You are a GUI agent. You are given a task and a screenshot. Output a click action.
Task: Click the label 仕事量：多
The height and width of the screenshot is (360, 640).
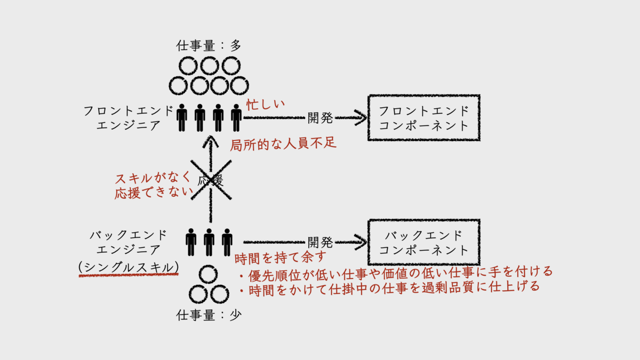[x=209, y=46]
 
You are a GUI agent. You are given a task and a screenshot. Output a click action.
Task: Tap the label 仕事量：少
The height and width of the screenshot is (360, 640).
[x=209, y=315]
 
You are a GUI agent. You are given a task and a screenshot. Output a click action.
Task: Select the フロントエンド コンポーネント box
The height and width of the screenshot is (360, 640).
[x=423, y=118]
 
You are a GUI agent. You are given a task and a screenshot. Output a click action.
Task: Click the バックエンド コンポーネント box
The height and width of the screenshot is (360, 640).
[x=423, y=243]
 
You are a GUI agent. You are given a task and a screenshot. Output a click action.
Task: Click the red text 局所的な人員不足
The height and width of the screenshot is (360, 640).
[x=283, y=145]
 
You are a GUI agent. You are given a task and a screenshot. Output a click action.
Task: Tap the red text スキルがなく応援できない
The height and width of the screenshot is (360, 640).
[x=153, y=186]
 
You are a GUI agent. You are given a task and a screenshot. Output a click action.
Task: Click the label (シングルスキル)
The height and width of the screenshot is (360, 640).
[x=128, y=266]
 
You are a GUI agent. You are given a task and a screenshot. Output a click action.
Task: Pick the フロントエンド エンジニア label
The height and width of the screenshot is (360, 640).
[x=129, y=118]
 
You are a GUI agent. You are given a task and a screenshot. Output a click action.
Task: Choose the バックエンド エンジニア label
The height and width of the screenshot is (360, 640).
[x=129, y=243]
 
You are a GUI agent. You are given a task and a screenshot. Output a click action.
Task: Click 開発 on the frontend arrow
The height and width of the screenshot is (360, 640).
[x=320, y=118]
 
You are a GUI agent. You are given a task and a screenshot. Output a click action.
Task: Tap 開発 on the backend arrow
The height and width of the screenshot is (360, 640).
[x=320, y=243]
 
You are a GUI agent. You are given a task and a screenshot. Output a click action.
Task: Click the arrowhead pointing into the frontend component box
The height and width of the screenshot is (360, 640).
[x=361, y=118]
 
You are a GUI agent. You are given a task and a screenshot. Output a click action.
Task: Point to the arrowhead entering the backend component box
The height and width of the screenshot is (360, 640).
[x=361, y=243]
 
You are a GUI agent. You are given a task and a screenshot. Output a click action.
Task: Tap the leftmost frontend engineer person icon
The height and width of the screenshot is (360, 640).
[x=182, y=118]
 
